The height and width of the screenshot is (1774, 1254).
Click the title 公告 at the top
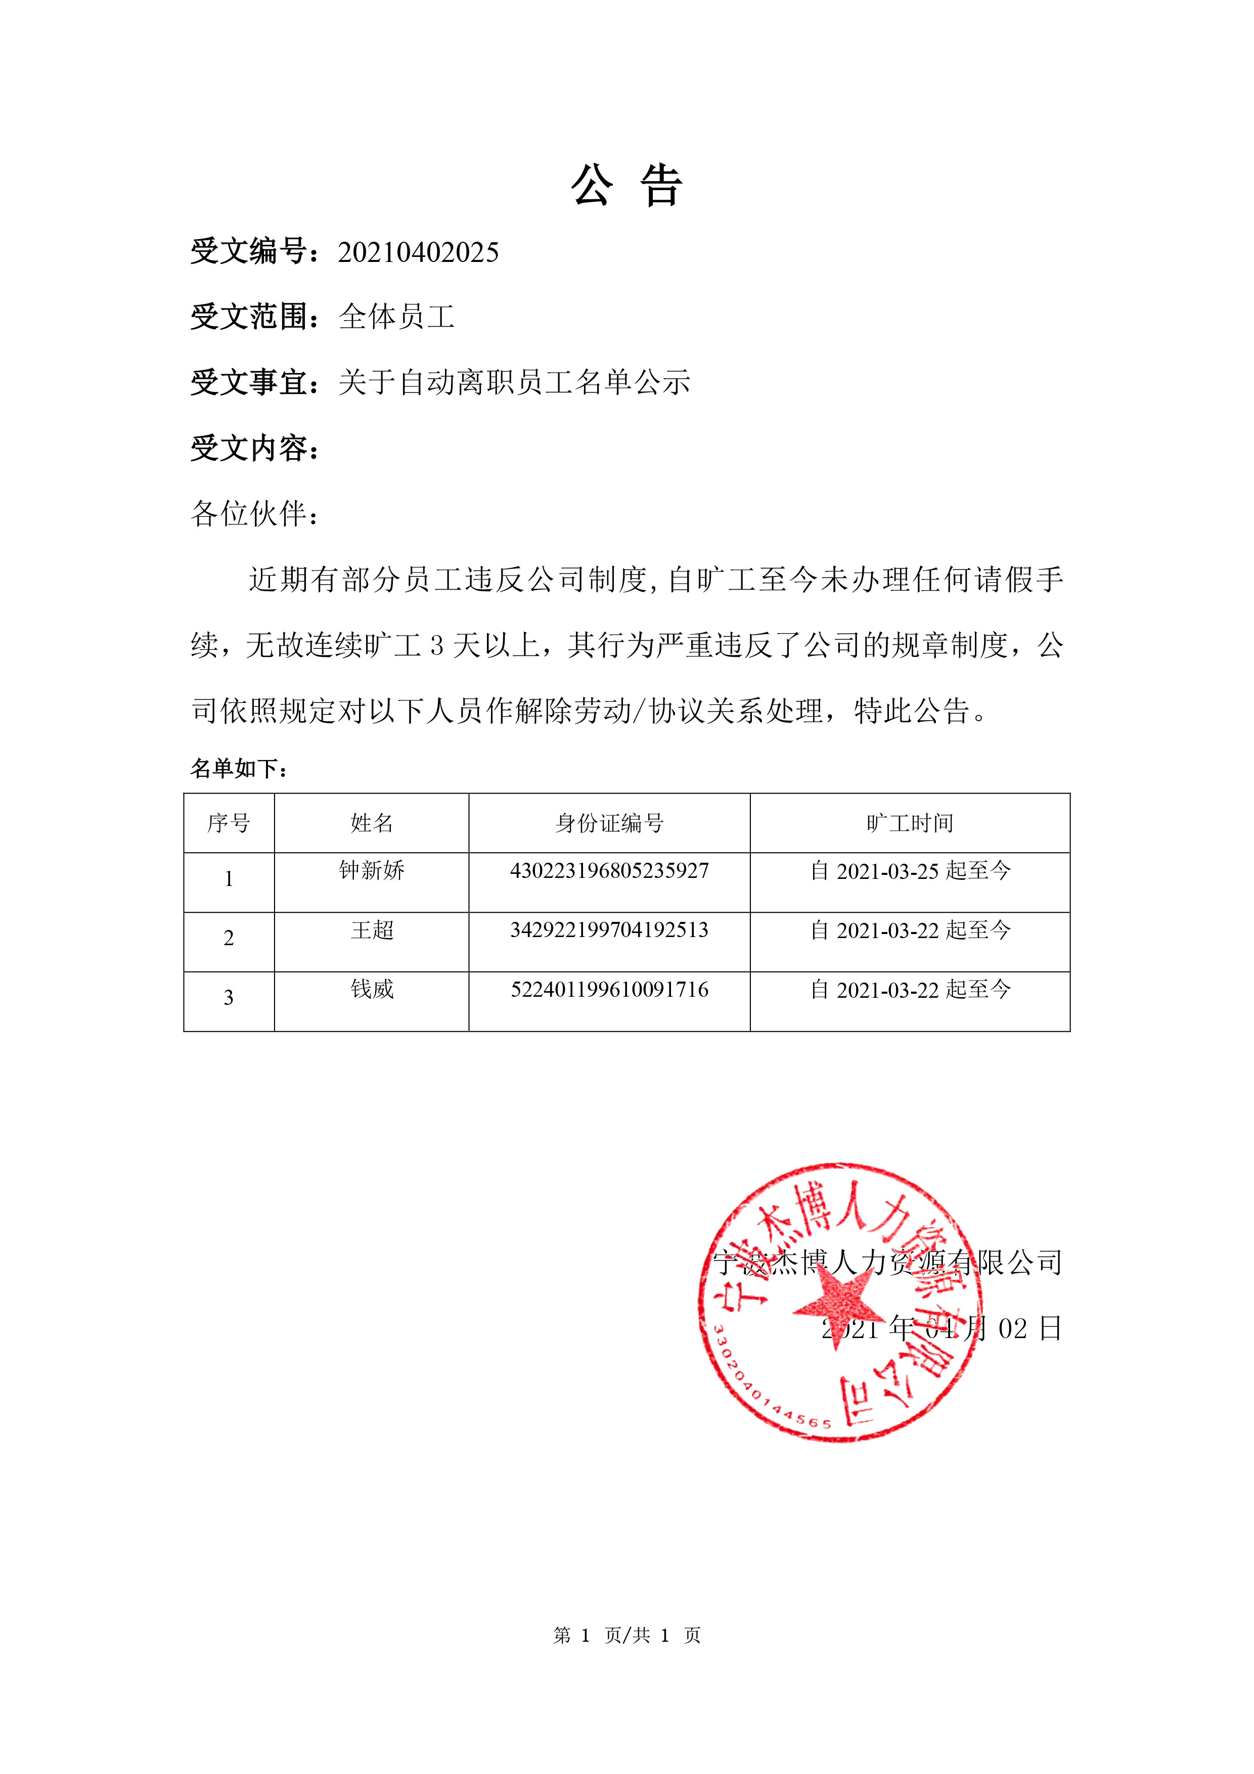click(x=626, y=186)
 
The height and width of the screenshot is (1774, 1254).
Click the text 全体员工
click(x=396, y=317)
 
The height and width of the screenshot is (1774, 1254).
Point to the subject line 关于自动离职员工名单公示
click(x=514, y=382)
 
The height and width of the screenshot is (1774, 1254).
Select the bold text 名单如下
click(x=238, y=768)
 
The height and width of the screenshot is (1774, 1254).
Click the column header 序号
click(x=229, y=823)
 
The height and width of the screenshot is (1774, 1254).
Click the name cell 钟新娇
click(x=372, y=871)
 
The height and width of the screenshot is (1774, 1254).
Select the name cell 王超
click(x=372, y=930)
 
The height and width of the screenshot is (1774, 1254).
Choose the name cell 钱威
click(x=372, y=990)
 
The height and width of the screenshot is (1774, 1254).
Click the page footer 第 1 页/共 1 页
click(x=626, y=1635)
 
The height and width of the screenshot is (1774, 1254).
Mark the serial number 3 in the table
click(x=229, y=997)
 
